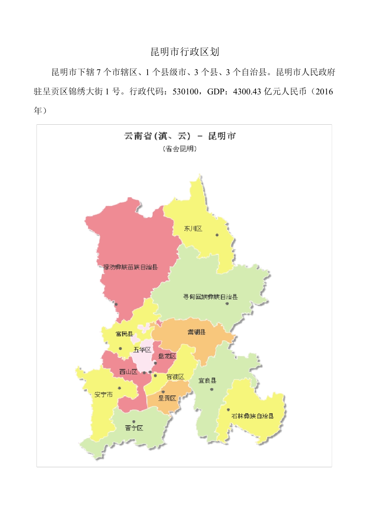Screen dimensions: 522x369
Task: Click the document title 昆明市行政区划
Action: click(x=184, y=52)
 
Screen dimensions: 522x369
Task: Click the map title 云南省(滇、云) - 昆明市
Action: click(x=179, y=136)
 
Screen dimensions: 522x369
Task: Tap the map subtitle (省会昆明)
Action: click(x=179, y=149)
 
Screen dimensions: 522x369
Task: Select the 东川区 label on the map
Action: click(x=193, y=229)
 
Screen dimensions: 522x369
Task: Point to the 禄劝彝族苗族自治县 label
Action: click(x=131, y=267)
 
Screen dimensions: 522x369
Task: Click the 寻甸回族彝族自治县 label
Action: click(x=210, y=297)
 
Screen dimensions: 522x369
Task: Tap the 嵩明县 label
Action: click(x=197, y=332)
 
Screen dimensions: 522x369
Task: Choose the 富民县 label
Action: click(x=124, y=334)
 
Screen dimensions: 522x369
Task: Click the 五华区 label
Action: click(x=142, y=350)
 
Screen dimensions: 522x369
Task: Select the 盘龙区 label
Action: click(x=167, y=356)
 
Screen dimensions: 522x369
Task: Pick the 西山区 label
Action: click(x=128, y=372)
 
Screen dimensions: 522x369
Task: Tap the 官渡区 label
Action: click(x=175, y=377)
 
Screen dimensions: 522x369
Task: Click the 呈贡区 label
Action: click(x=167, y=398)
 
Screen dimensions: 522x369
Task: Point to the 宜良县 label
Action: click(x=207, y=381)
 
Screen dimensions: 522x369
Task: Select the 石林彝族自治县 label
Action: click(x=252, y=416)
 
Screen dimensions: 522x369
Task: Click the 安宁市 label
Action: click(x=104, y=395)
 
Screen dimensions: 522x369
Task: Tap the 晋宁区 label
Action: click(x=134, y=428)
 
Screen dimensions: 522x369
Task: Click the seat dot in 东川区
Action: click(x=217, y=235)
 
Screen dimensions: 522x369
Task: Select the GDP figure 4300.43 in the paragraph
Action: click(x=247, y=92)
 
